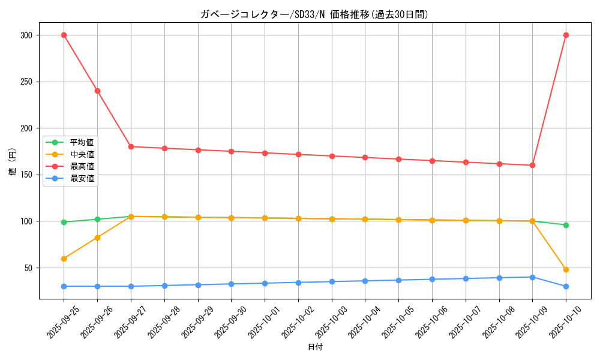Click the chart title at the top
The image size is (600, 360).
(x=314, y=14)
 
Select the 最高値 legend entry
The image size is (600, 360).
(x=82, y=166)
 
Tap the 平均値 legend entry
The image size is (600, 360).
(x=82, y=142)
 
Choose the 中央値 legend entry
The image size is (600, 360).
(x=82, y=154)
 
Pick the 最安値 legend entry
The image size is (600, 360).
(x=82, y=178)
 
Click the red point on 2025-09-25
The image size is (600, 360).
(x=64, y=35)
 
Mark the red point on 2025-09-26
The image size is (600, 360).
(x=97, y=91)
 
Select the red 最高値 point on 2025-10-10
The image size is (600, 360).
(x=566, y=35)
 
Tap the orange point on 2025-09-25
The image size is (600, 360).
(x=64, y=259)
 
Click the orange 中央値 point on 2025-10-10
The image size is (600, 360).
(x=566, y=269)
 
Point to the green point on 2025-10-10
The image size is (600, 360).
(x=566, y=225)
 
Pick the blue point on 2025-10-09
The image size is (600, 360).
(x=532, y=277)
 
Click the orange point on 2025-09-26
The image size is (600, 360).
(x=97, y=238)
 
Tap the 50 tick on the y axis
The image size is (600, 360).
(x=28, y=268)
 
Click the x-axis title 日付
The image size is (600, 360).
(x=315, y=347)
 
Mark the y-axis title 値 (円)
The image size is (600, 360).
(x=13, y=161)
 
